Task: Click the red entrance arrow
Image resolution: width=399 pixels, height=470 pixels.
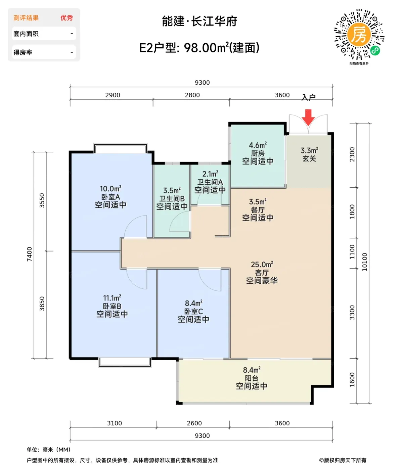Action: click(x=308, y=117)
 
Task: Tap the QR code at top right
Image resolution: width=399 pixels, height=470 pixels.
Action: click(x=359, y=34)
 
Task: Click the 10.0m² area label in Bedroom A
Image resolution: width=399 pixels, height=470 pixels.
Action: click(x=110, y=188)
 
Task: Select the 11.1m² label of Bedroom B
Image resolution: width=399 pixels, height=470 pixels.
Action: click(x=112, y=298)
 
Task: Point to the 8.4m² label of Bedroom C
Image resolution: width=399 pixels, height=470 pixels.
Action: click(x=193, y=303)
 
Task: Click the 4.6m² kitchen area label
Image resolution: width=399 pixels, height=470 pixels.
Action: click(x=258, y=145)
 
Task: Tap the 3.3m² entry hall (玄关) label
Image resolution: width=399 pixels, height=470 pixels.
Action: click(x=309, y=150)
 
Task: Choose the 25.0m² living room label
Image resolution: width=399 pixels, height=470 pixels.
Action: click(x=262, y=264)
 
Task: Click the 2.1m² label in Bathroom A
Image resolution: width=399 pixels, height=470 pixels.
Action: click(x=210, y=174)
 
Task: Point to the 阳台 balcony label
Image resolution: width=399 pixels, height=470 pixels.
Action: click(x=252, y=378)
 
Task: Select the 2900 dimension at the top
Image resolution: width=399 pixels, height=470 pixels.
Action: click(x=113, y=95)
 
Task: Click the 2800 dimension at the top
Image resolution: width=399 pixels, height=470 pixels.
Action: click(x=192, y=95)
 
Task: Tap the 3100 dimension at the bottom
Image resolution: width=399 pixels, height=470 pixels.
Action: click(x=115, y=423)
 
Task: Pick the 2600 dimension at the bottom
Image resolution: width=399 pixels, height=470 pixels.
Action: click(x=194, y=423)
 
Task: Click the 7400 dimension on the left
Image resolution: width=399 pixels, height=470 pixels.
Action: click(x=30, y=254)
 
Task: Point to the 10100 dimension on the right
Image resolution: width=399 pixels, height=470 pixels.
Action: click(x=365, y=262)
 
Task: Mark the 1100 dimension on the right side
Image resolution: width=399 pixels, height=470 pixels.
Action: click(x=352, y=252)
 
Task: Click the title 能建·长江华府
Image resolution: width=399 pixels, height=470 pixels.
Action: click(x=199, y=21)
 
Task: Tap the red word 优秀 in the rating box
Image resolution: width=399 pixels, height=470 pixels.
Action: click(x=66, y=18)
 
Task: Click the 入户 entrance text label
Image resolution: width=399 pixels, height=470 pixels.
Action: click(x=308, y=97)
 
